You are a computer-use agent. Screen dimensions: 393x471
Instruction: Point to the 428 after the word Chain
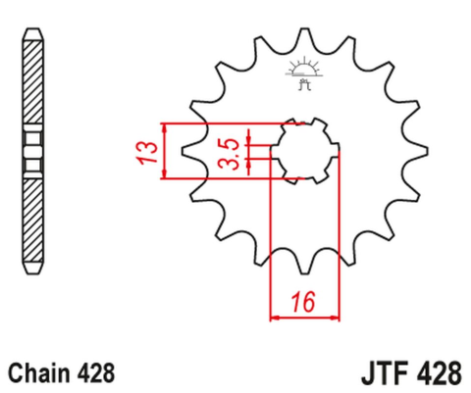(99, 373)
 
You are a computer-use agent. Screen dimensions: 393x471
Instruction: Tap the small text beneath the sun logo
(302, 84)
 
